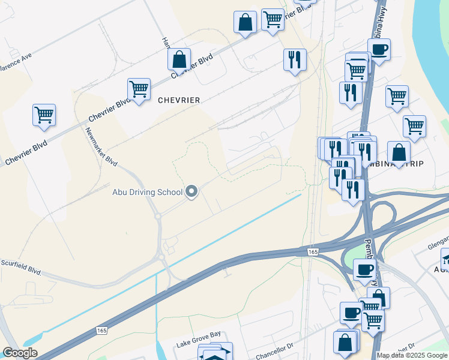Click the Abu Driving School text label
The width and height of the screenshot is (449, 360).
[147, 192]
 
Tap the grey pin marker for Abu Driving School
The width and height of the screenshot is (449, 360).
[192, 192]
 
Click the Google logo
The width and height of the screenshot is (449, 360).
[20, 353]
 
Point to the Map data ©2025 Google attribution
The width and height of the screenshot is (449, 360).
[412, 355]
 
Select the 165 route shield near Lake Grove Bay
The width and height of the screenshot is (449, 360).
[101, 331]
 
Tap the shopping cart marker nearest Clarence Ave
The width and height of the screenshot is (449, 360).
[44, 114]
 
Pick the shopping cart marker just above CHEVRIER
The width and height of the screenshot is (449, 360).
[139, 89]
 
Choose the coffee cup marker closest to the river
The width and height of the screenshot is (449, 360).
[379, 50]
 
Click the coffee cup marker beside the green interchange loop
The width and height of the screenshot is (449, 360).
[364, 269]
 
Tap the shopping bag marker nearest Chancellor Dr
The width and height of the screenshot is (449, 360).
[346, 343]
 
